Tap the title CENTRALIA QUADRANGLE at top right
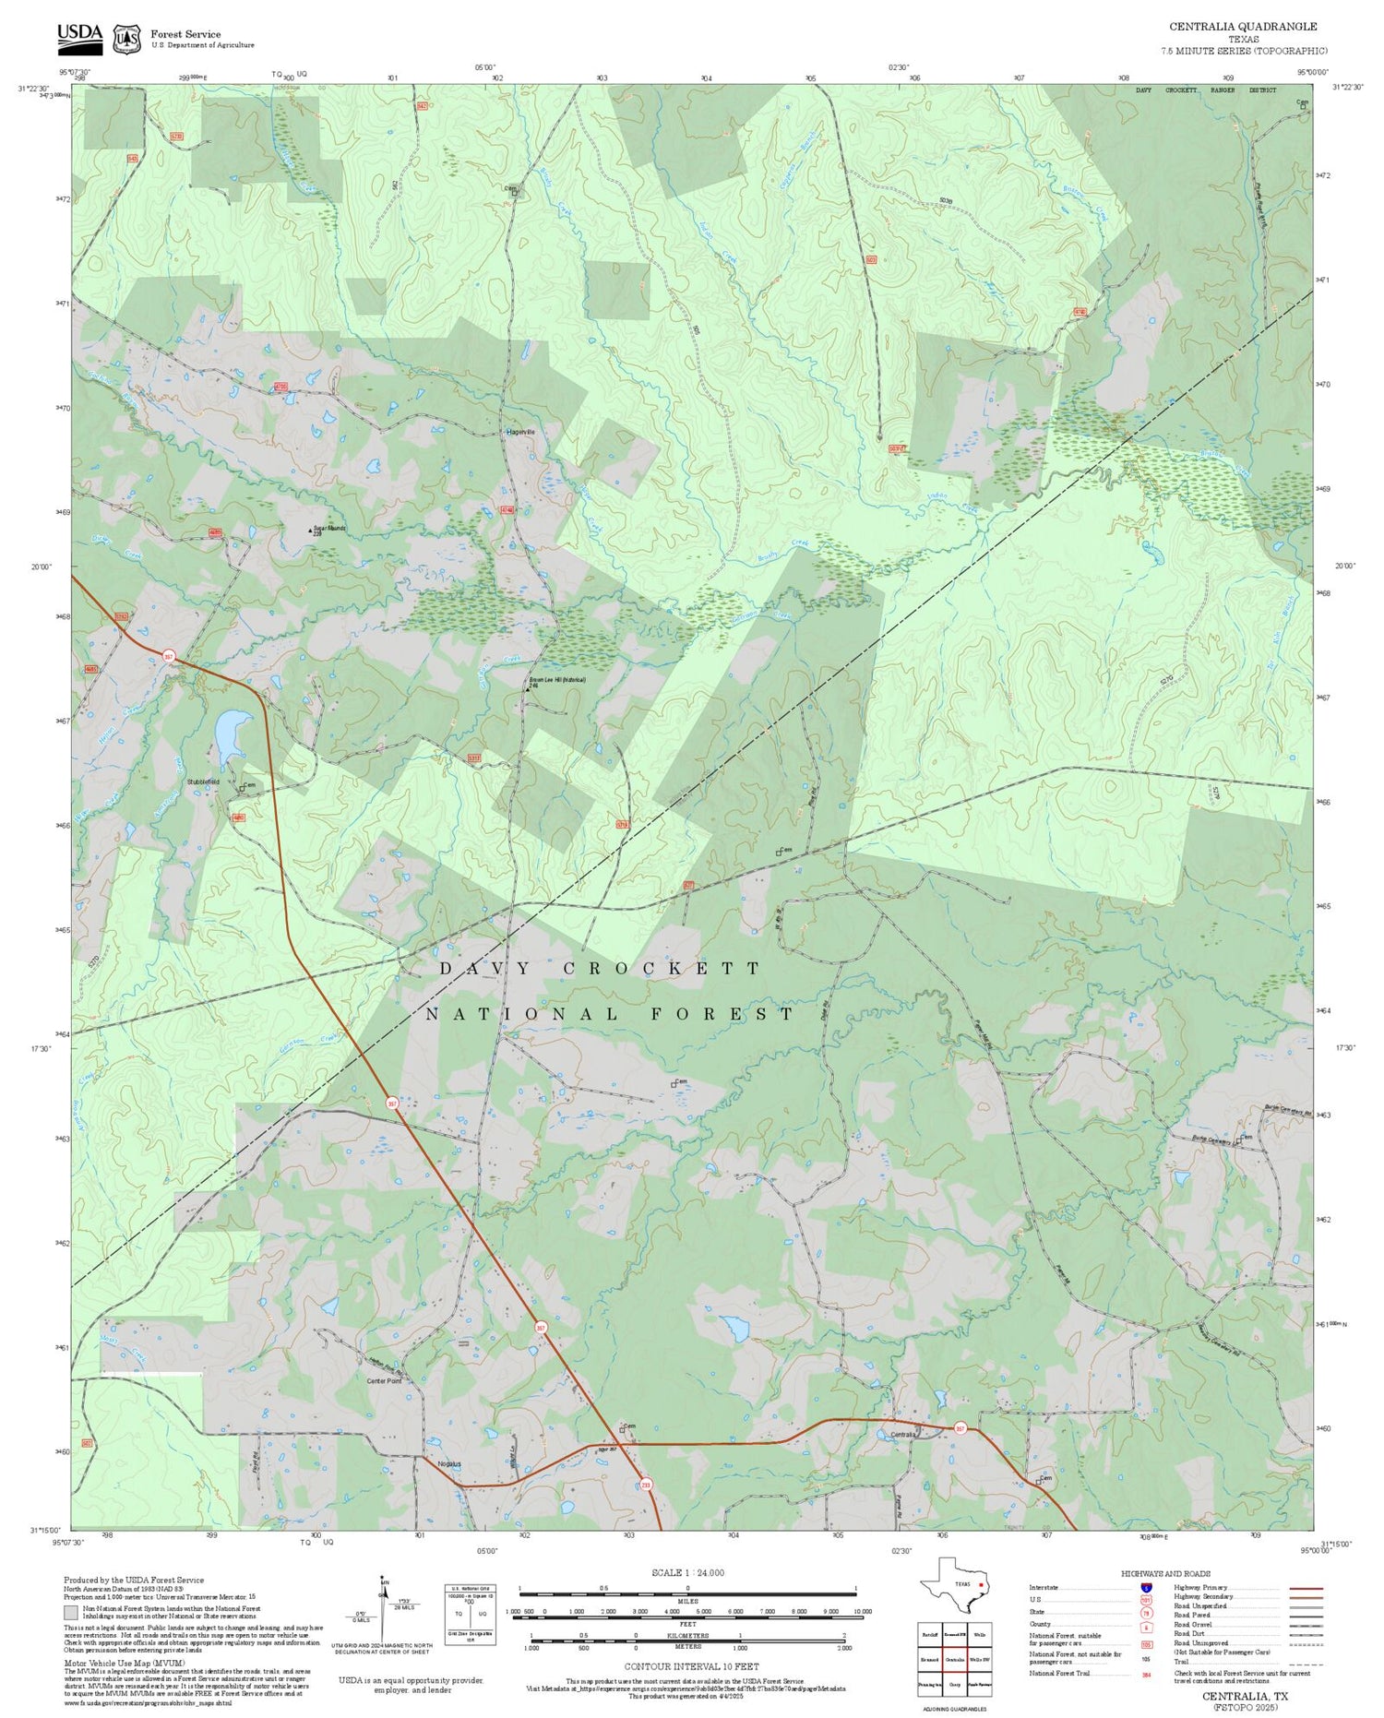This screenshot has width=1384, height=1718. (1243, 27)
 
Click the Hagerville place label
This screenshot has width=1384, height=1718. (520, 432)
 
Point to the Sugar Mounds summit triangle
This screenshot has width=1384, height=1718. (310, 531)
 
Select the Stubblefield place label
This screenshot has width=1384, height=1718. (203, 781)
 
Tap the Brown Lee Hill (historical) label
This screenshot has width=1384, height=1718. (558, 681)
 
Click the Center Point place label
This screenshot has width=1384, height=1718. (384, 1381)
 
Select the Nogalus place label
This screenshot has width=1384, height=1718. (449, 1463)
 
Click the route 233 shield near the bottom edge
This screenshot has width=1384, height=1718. (645, 1485)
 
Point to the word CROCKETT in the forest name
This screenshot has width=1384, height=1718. (662, 968)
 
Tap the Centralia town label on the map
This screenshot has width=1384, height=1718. (902, 1435)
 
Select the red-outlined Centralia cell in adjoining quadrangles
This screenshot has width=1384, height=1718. (954, 1658)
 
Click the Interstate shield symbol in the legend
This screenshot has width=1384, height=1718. (1146, 1588)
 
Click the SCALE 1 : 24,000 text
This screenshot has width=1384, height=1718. (687, 1572)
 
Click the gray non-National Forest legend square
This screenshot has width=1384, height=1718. (70, 1613)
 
